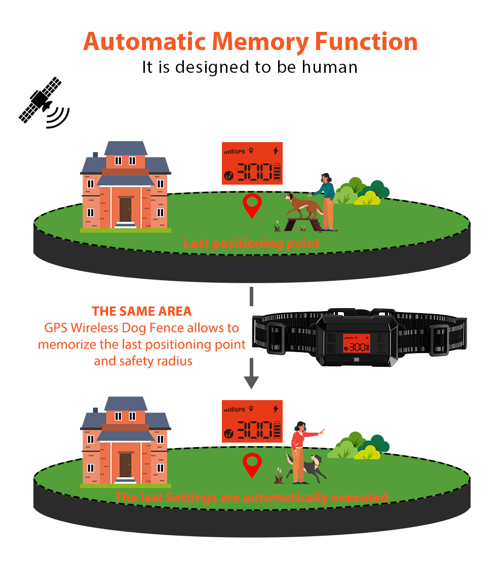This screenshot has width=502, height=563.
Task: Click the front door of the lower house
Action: pos(125,464)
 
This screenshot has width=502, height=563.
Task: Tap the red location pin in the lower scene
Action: pos(252,464)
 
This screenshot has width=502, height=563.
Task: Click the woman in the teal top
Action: pos(327,200)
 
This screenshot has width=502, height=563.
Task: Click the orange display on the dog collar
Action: pos(357,344)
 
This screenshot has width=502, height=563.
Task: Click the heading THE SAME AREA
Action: pos(142,311)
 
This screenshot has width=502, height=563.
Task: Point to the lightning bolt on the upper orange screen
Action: pos(276,150)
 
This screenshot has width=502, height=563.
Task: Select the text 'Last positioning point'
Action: pos(252,243)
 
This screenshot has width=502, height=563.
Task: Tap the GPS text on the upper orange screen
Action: pos(240,151)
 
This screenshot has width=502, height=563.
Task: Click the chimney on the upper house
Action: pos(95,154)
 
